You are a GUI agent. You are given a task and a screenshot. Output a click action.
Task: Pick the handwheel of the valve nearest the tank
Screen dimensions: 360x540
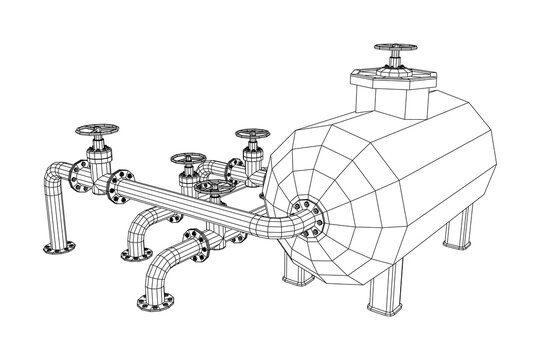(249, 136)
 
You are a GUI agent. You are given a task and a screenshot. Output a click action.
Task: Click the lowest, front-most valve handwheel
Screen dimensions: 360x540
(211, 186)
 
